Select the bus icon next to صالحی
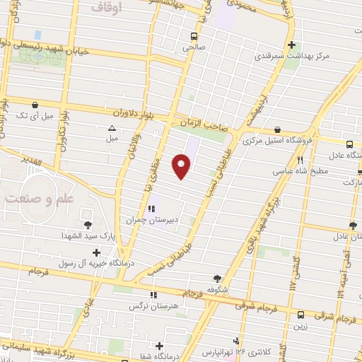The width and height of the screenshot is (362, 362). pyautogui.click(x=194, y=36)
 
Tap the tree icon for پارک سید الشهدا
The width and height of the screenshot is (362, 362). pyautogui.click(x=88, y=225)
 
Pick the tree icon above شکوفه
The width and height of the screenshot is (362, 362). pyautogui.click(x=218, y=278)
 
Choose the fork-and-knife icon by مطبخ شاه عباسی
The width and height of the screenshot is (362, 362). pyautogui.click(x=301, y=142)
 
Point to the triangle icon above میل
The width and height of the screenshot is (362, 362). pyautogui.click(x=112, y=129)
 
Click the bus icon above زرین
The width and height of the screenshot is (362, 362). pyautogui.click(x=301, y=315)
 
